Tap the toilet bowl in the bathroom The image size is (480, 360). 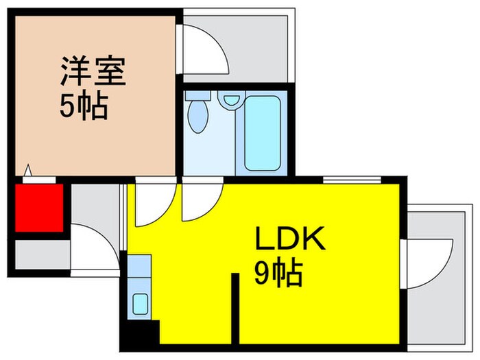(x=198, y=115)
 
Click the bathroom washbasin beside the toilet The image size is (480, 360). (x=229, y=101)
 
